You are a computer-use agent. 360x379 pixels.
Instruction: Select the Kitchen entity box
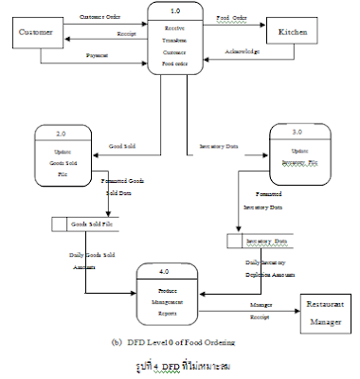tap(291, 32)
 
